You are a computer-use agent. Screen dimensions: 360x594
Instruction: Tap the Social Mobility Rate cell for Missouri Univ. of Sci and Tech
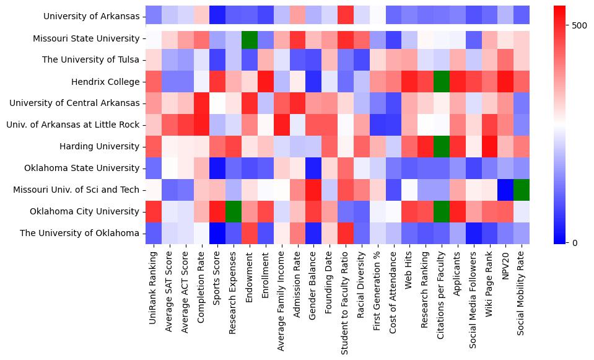pos(522,190)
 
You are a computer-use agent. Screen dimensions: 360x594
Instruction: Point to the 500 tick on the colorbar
pos(567,25)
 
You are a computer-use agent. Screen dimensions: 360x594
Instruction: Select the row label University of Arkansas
pos(92,17)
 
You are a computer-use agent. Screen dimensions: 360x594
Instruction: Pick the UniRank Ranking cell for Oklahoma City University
pos(153,211)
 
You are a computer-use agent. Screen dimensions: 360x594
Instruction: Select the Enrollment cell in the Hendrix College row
pos(265,82)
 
